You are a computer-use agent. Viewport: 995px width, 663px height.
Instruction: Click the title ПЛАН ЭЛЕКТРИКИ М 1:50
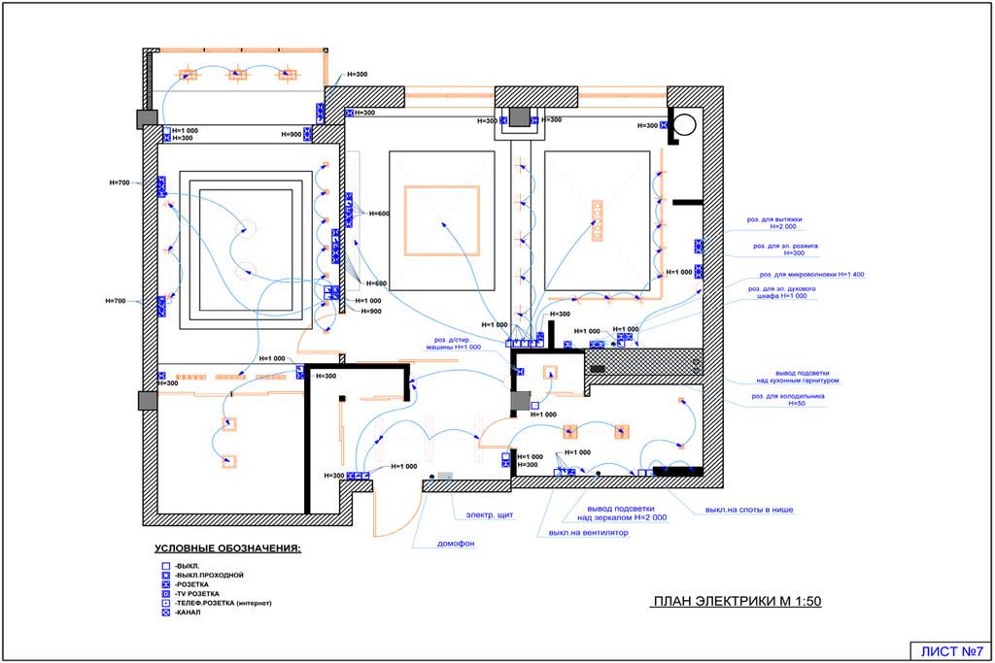(x=738, y=602)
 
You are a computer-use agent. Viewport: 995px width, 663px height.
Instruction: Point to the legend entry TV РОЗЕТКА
(x=198, y=594)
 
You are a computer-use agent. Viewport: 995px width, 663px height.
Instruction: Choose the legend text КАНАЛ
(x=189, y=613)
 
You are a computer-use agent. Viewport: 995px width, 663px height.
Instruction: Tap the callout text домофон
(x=455, y=544)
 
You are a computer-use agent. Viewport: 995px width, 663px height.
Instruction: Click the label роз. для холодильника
(x=786, y=396)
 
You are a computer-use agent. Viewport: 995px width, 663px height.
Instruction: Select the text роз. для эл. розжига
(x=786, y=247)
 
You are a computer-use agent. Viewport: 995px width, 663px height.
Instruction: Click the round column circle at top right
(x=685, y=125)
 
